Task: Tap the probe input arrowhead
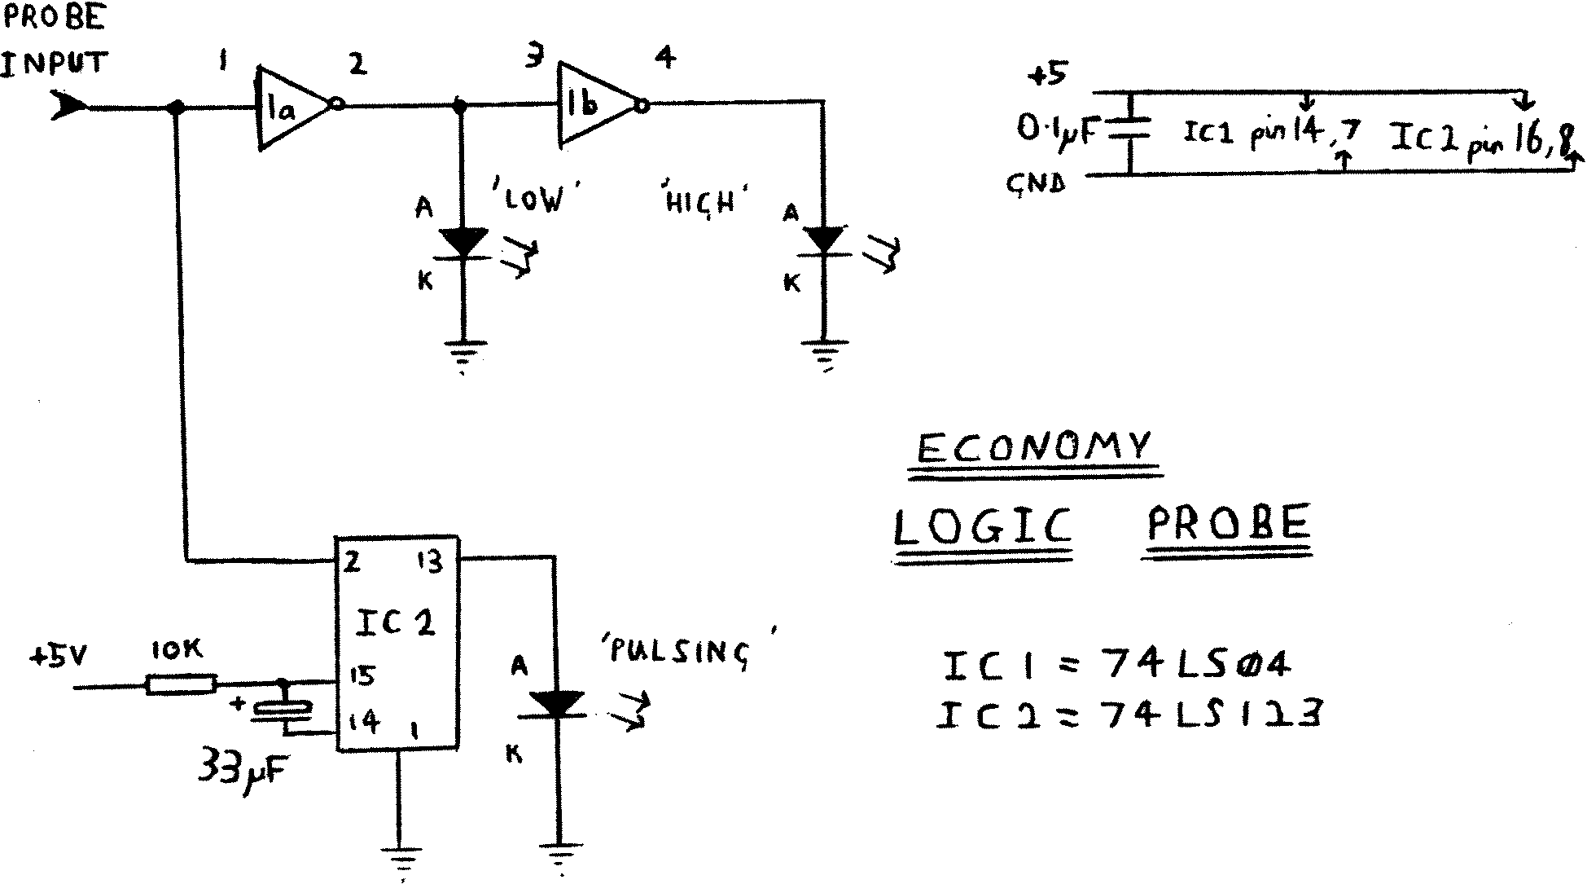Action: [68, 105]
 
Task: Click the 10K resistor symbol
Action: [181, 684]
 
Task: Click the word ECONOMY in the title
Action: [1034, 447]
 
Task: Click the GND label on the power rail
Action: [1036, 183]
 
